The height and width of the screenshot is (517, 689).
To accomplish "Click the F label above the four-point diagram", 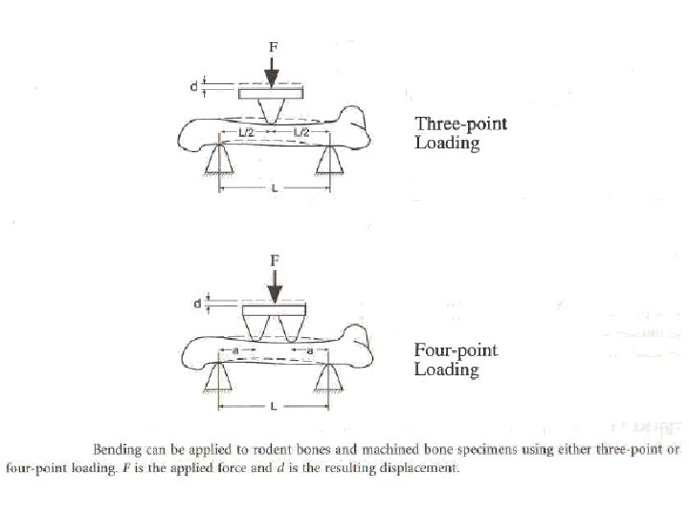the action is click(275, 259).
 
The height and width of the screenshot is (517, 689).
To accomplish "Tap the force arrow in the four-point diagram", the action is click(275, 284).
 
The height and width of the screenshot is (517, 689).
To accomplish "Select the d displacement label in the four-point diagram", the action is click(197, 305).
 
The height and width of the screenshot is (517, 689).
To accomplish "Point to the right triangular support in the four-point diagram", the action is click(329, 380).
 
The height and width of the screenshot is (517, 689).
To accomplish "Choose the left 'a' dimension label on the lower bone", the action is click(234, 351).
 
